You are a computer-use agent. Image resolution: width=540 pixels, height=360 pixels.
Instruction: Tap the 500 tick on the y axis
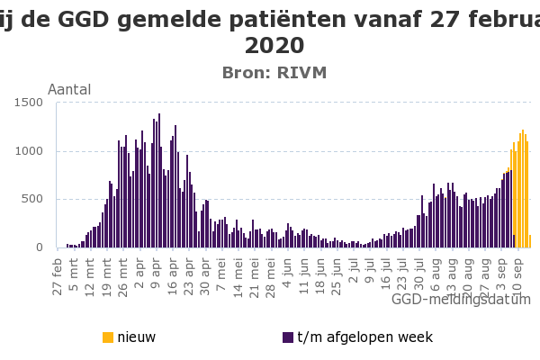click(35, 200)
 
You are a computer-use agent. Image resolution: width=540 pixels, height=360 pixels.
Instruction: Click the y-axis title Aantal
click(69, 90)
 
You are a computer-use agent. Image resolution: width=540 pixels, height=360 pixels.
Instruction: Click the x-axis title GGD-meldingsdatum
click(463, 299)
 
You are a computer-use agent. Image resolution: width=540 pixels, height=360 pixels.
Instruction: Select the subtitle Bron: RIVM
click(274, 73)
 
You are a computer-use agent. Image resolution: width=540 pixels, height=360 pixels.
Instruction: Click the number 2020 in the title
click(274, 45)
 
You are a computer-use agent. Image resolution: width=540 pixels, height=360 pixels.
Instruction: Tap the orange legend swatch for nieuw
click(108, 337)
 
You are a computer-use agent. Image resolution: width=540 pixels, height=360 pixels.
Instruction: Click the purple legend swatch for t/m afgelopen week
click(288, 337)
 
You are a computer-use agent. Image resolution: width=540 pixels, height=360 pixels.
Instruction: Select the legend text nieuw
click(137, 337)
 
